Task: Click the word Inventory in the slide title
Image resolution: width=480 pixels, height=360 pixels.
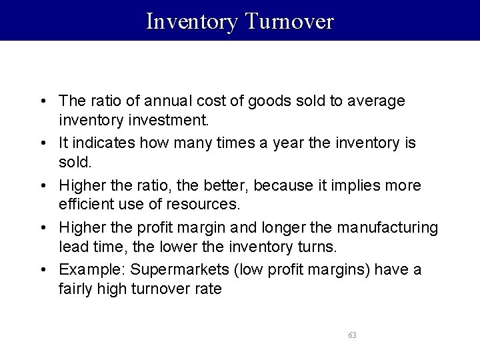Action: (192, 21)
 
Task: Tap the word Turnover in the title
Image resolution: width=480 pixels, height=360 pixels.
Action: (289, 21)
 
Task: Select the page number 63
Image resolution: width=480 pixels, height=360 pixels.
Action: (352, 335)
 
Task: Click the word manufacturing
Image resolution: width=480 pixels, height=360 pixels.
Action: (387, 227)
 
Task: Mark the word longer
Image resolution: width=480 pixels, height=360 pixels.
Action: (288, 227)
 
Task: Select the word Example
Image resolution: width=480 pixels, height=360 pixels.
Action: (91, 269)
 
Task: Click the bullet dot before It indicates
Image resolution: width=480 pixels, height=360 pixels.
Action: (42, 143)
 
